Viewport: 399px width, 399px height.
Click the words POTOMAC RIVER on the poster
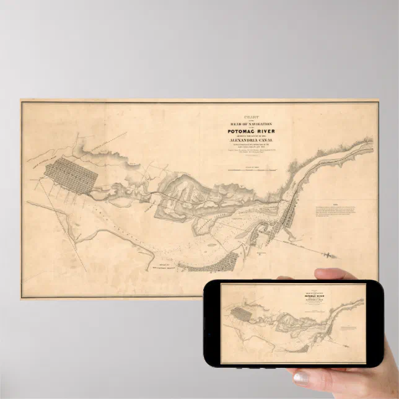pos(253,131)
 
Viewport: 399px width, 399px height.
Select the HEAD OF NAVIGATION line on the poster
pos(253,125)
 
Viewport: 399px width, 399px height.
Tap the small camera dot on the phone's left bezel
pos(209,324)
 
